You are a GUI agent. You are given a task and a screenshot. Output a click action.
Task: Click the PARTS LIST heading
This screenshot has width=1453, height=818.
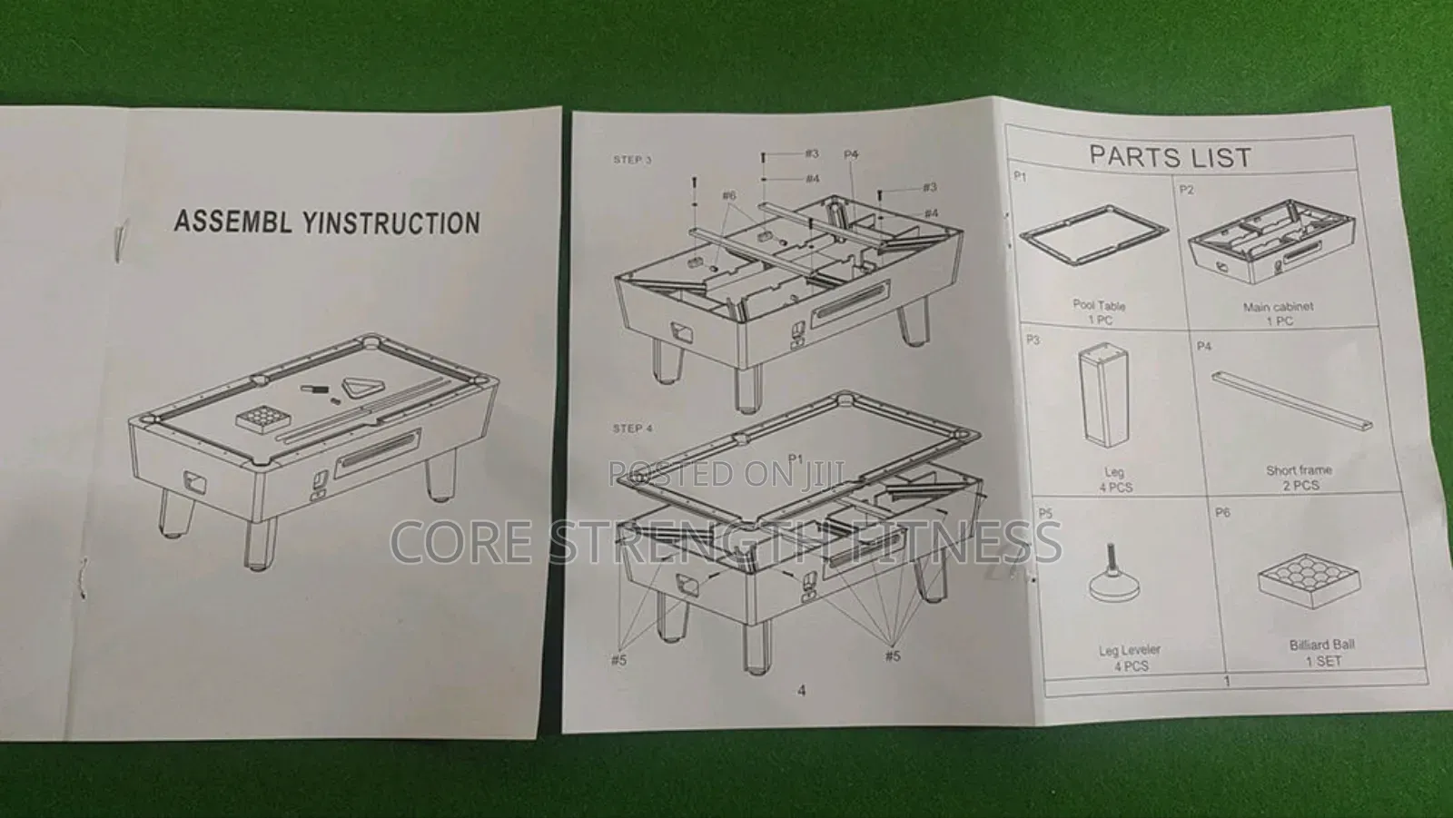tap(1170, 156)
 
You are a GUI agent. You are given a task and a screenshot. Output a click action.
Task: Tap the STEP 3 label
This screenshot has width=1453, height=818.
tap(632, 160)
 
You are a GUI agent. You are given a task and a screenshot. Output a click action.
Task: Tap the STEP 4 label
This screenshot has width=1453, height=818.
tap(632, 429)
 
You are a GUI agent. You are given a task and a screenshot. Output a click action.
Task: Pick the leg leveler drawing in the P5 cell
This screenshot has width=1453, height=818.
tap(1115, 574)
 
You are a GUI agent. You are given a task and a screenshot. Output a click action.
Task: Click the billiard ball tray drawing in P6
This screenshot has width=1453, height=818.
tap(1308, 580)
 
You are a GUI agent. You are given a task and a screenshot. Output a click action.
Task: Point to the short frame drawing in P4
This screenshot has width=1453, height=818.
tap(1291, 400)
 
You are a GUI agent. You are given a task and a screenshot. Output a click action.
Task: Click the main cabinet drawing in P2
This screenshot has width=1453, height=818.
tap(1270, 242)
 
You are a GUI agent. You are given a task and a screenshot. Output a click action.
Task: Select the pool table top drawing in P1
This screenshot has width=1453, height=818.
tap(1093, 234)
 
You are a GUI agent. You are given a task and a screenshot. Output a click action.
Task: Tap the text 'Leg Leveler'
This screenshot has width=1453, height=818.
tap(1130, 650)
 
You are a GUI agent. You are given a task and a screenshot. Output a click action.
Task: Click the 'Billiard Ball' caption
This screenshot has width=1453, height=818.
tap(1322, 645)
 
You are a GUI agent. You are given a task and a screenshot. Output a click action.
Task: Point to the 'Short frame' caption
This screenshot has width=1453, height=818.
tap(1299, 470)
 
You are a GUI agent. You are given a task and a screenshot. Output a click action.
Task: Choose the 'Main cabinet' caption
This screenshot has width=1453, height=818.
tap(1278, 307)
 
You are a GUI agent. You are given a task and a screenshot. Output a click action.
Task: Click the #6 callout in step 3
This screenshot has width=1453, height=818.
tap(729, 195)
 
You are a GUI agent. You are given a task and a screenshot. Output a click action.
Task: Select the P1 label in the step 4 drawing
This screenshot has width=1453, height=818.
tap(796, 458)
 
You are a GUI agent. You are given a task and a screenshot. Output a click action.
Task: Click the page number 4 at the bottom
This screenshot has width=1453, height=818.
tap(802, 691)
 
